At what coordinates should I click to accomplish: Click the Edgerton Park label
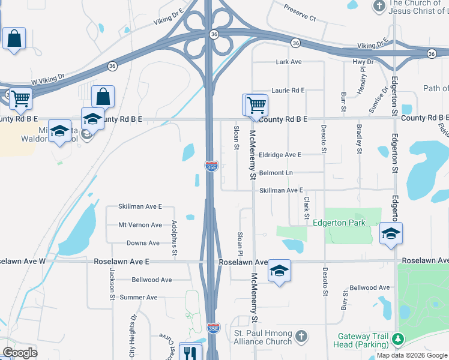click(x=339, y=223)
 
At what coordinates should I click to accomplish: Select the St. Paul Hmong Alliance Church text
click(x=263, y=337)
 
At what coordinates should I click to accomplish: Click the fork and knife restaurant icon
click(x=190, y=352)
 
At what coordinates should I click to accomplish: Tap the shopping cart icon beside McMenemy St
click(x=255, y=104)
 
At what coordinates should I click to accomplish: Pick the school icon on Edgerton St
click(x=390, y=233)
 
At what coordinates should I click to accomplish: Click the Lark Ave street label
click(x=288, y=62)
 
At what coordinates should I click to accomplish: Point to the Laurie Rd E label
click(x=288, y=90)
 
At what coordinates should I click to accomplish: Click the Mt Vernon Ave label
click(x=140, y=225)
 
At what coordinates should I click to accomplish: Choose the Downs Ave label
click(x=143, y=243)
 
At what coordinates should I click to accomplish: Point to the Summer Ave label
click(x=138, y=297)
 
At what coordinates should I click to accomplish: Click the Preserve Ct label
click(x=300, y=14)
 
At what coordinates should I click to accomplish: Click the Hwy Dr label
click(x=363, y=62)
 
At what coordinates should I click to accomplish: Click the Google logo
click(x=20, y=352)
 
